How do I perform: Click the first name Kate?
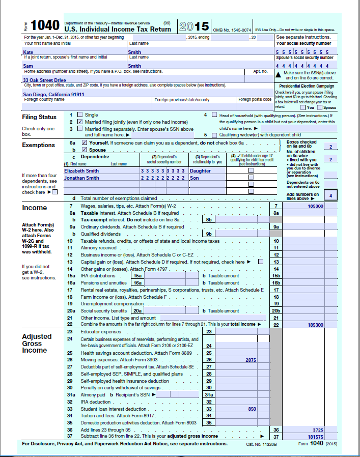pyautogui.click(x=29, y=52)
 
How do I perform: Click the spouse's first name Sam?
pyautogui.click(x=29, y=66)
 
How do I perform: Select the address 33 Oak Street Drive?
pyautogui.click(x=44, y=80)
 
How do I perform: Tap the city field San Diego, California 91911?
pyautogui.click(x=53, y=95)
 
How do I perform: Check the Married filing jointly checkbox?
pyautogui.click(x=79, y=122)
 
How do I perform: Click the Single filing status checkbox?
pyautogui.click(x=79, y=115)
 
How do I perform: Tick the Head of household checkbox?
pyautogui.click(x=214, y=115)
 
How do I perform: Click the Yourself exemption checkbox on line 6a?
pyautogui.click(x=85, y=143)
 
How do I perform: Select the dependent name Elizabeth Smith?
pyautogui.click(x=81, y=171)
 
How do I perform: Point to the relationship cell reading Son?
pyautogui.click(x=194, y=178)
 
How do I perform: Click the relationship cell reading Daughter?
pyautogui.click(x=200, y=171)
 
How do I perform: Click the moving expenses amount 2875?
pyautogui.click(x=251, y=360)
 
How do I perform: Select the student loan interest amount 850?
pyautogui.click(x=252, y=409)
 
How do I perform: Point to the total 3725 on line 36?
pyautogui.click(x=317, y=430)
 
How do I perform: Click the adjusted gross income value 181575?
pyautogui.click(x=315, y=436)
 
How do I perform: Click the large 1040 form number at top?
pyautogui.click(x=45, y=25)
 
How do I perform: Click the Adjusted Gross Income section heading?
pyautogui.click(x=37, y=343)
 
